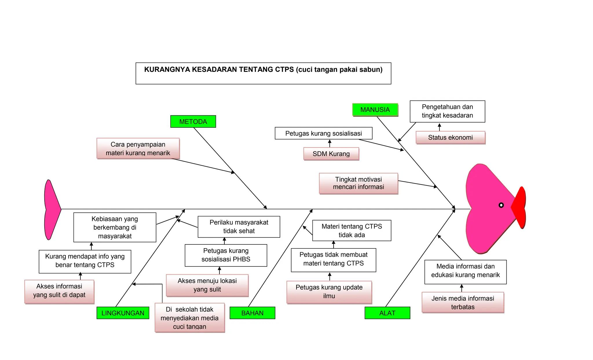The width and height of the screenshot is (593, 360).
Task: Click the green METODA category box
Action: pos(193,121)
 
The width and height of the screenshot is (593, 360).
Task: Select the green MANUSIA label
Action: pos(375,110)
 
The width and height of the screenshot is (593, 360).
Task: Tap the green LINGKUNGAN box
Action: pos(123,313)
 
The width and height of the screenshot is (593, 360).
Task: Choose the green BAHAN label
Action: pos(252,313)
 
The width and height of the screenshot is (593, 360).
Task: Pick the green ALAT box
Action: pos(387,313)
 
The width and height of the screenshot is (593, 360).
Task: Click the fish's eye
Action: pos(501,205)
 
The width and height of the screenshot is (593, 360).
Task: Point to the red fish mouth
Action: pos(519,207)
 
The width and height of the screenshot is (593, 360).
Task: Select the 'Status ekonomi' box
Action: pos(451,138)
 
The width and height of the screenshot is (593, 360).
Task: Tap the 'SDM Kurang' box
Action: pos(331,154)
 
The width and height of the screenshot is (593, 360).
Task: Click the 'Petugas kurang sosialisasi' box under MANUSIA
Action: pos(324,133)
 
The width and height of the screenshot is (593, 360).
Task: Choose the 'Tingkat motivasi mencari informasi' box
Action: pos(358,183)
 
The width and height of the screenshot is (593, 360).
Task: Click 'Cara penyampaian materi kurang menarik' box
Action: pos(138,149)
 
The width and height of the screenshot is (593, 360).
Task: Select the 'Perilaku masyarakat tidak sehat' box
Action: pos(239,227)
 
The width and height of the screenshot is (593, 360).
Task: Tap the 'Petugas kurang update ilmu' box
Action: pos(329,292)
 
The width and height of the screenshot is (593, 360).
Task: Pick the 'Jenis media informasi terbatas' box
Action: pos(463,303)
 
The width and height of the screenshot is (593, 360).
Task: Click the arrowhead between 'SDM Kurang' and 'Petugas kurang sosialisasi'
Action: pos(330,141)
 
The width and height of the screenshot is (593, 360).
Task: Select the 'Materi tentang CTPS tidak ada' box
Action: pos(352,231)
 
